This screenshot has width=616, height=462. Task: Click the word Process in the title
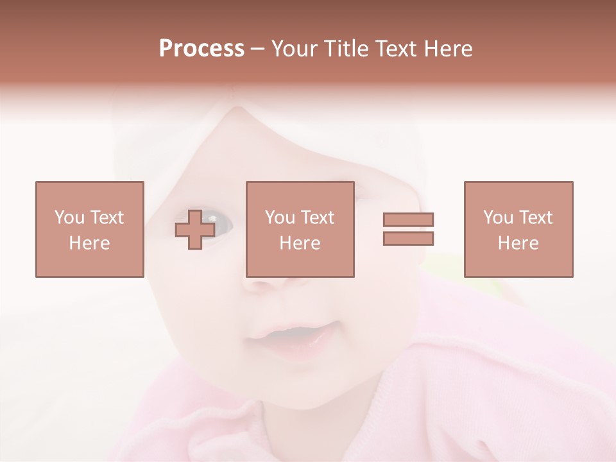[201, 49]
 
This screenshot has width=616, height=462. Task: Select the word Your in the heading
[294, 49]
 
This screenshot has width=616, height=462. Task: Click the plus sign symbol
[195, 229]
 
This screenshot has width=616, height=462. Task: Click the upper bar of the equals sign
[408, 219]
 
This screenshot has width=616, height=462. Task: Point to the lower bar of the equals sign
[408, 238]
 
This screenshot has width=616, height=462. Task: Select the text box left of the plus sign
[89, 229]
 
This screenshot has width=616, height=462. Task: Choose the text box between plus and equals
[300, 229]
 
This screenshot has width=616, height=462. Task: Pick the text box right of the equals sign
[518, 229]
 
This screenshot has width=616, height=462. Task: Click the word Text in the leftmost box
[107, 218]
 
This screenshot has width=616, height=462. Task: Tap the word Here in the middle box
[300, 243]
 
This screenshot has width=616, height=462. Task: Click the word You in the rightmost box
[498, 218]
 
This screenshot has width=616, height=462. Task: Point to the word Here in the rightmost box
[518, 243]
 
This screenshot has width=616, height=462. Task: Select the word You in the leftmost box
[69, 218]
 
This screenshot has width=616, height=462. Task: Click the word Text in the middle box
[318, 218]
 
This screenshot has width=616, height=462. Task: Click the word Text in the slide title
[397, 49]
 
